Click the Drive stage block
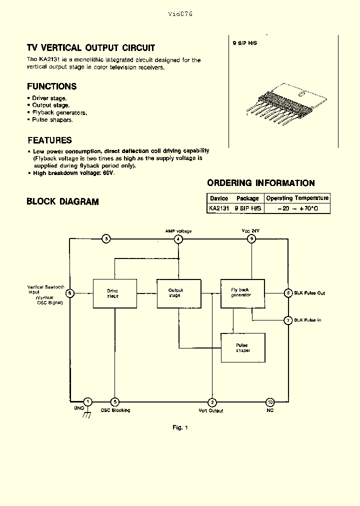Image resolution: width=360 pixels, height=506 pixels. [x=113, y=293]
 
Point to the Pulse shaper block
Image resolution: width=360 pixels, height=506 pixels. [x=242, y=347]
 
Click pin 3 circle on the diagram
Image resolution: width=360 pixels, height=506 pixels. [x=106, y=239]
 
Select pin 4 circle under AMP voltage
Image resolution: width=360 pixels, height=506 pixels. [x=178, y=239]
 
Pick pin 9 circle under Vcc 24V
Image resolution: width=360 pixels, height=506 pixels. [x=252, y=239]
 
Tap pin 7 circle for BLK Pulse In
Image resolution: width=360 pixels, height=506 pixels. [x=288, y=320]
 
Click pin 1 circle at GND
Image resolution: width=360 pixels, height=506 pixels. [x=87, y=401]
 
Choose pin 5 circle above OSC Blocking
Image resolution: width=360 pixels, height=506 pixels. [x=115, y=401]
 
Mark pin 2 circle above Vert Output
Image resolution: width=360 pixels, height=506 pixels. [x=212, y=401]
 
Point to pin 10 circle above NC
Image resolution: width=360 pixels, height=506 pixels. [x=270, y=401]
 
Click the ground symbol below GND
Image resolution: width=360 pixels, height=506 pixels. [x=87, y=414]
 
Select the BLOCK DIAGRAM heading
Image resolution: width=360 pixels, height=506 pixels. [x=62, y=201]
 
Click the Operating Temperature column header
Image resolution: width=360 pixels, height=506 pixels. [x=297, y=198]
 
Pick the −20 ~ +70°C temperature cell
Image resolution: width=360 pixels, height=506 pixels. [x=297, y=207]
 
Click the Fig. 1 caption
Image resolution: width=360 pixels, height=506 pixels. [x=180, y=427]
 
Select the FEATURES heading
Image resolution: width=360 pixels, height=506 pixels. [x=49, y=140]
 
